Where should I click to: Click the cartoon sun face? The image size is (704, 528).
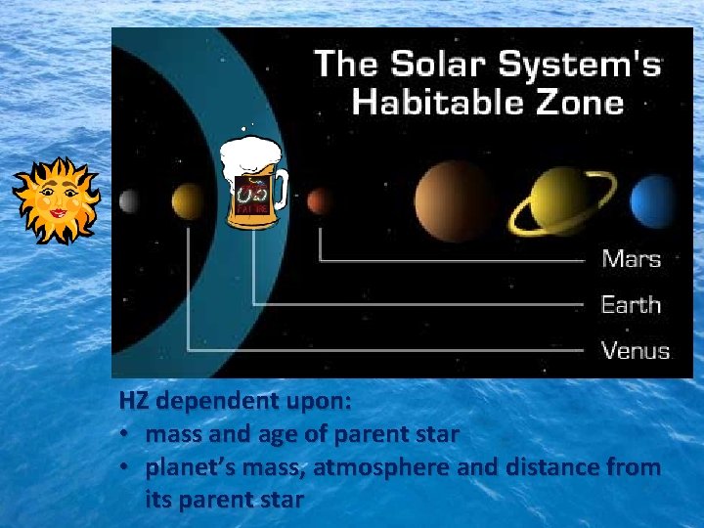pyautogui.click(x=56, y=199)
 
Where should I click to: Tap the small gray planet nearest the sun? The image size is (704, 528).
pyautogui.click(x=129, y=201)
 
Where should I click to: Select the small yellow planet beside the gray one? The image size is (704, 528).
pyautogui.click(x=187, y=201)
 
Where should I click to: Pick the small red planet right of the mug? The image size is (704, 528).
pyautogui.click(x=317, y=202)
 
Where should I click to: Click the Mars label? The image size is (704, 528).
pyautogui.click(x=631, y=259)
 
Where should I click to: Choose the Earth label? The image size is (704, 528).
pyautogui.click(x=631, y=304)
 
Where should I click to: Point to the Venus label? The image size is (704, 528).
pyautogui.click(x=635, y=350)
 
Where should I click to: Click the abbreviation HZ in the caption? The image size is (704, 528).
pyautogui.click(x=134, y=401)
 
